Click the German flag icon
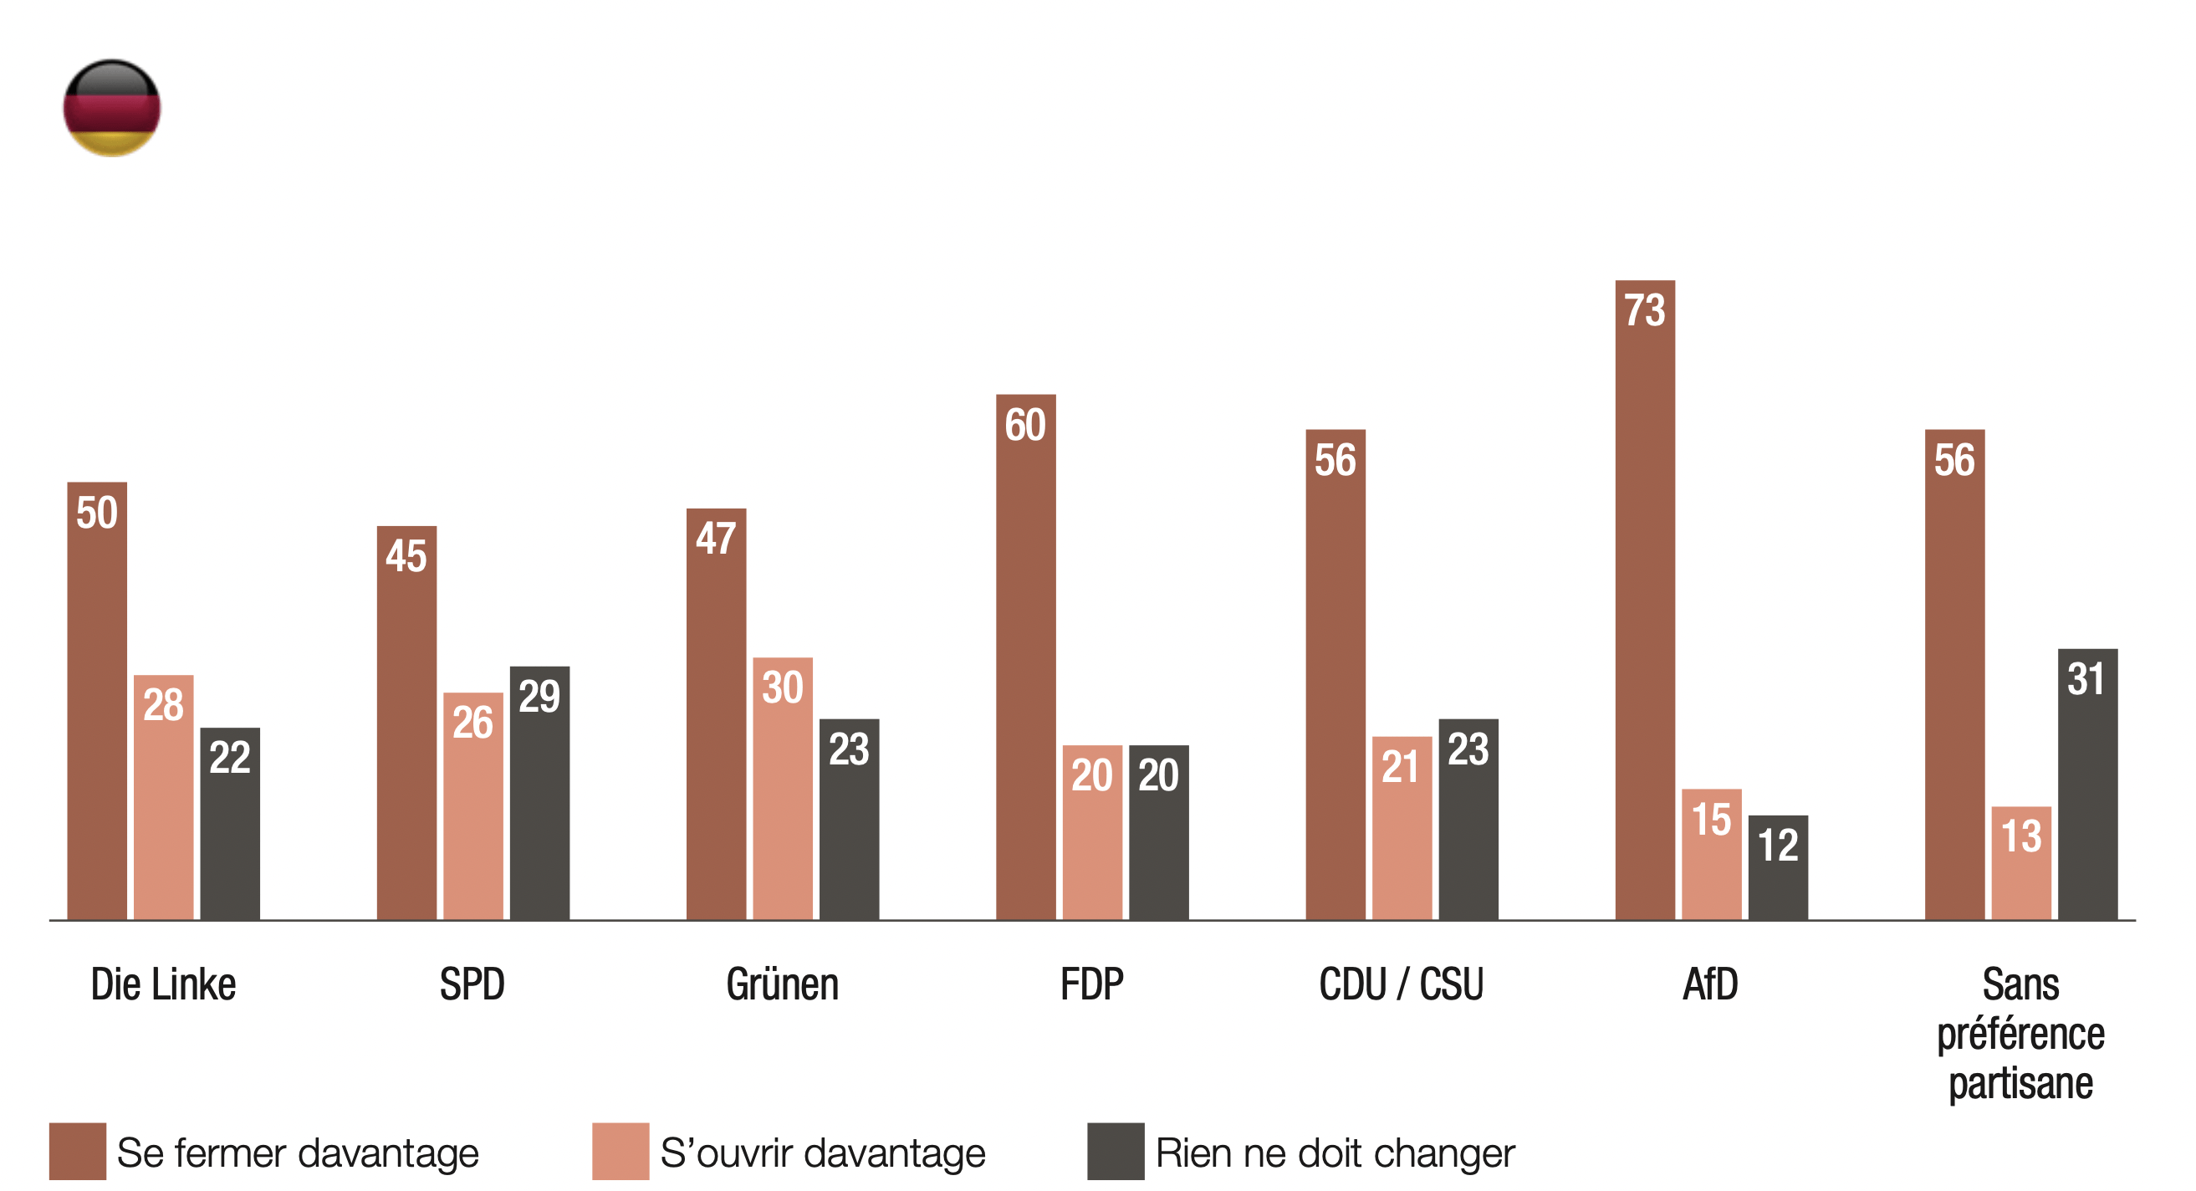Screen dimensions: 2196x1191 click(x=112, y=107)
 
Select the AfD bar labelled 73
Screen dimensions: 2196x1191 click(x=1644, y=601)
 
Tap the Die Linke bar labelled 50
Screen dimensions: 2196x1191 click(x=97, y=701)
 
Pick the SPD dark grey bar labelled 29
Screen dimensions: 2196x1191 click(x=539, y=793)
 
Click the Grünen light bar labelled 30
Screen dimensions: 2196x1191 click(x=783, y=789)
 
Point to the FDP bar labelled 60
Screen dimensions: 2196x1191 click(x=1025, y=657)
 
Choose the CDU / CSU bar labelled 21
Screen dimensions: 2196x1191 click(x=1402, y=828)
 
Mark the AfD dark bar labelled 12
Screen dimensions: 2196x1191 click(x=1778, y=867)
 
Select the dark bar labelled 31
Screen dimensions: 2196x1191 click(x=2088, y=785)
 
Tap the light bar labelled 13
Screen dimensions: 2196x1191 click(x=2021, y=863)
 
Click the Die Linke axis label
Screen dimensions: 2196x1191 click(x=164, y=984)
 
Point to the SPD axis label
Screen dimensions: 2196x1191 click(x=472, y=984)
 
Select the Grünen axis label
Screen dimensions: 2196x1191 click(x=783, y=984)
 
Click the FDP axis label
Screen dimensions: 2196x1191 click(x=1092, y=984)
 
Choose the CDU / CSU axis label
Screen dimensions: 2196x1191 click(x=1402, y=984)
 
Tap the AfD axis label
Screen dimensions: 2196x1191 click(x=1710, y=984)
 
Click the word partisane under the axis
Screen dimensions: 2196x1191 click(x=2021, y=1084)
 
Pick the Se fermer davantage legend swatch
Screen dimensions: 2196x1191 click(x=78, y=1151)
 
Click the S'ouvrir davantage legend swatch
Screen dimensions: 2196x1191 click(x=620, y=1151)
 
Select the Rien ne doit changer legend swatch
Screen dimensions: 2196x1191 click(x=1116, y=1151)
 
